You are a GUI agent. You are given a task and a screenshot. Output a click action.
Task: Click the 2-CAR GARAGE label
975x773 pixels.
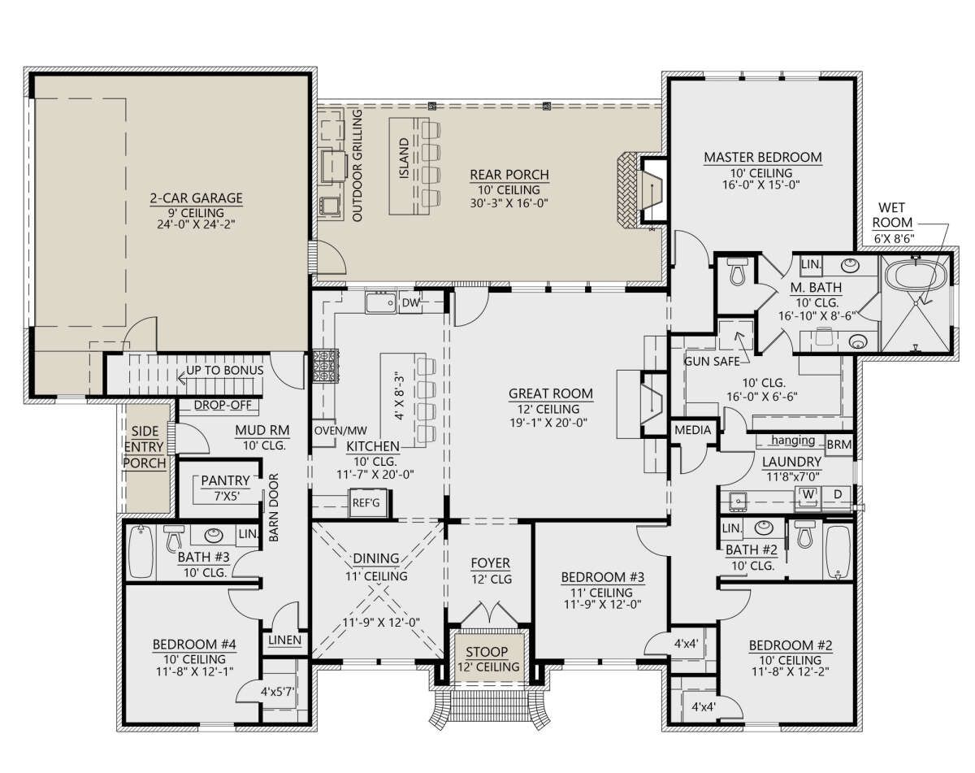coord(196,198)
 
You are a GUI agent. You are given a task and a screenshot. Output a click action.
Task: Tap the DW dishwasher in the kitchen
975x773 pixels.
coord(410,303)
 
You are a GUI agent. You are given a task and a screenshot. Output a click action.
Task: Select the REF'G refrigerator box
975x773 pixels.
coord(366,503)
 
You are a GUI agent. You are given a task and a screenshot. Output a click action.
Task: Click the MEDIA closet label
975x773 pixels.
coord(693,430)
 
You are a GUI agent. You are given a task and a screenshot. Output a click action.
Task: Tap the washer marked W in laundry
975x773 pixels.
coord(808,494)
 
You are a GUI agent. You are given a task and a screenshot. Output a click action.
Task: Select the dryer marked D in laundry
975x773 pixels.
coord(837,494)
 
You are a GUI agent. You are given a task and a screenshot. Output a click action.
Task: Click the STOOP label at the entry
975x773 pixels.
coord(487,652)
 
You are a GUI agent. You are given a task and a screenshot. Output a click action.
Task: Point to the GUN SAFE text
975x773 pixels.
coord(711,362)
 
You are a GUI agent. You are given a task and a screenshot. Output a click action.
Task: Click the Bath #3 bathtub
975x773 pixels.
coord(141,551)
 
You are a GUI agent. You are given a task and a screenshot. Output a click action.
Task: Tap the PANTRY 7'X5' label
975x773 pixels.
coord(225,488)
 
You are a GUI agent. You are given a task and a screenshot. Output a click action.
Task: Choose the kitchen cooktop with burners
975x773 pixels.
coord(325,366)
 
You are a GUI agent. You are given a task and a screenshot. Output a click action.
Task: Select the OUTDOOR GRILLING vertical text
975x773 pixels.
coord(357,166)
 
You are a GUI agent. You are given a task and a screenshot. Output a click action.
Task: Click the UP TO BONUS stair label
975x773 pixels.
coord(225,371)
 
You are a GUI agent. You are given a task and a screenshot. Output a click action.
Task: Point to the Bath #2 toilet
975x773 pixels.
coord(804,535)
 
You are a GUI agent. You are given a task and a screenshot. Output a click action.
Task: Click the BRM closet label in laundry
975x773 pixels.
coord(839,445)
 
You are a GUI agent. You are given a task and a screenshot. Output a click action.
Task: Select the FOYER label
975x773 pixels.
coord(490,563)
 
